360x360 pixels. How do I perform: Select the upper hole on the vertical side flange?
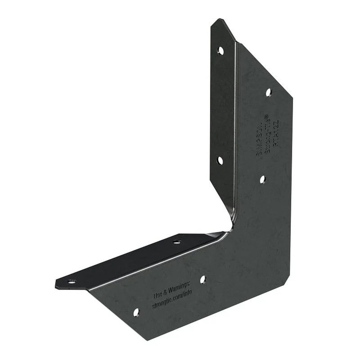220,50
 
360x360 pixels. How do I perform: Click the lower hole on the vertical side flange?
220,160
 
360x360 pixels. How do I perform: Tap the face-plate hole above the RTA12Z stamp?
268,92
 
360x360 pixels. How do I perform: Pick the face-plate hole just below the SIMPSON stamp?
263,180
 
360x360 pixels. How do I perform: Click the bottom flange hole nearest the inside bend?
177,242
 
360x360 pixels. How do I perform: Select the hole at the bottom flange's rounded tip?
71,282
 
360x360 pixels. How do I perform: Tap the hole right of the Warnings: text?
202,279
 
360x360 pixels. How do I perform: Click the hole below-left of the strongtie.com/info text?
136,311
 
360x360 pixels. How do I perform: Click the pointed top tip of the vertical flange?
220,20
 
